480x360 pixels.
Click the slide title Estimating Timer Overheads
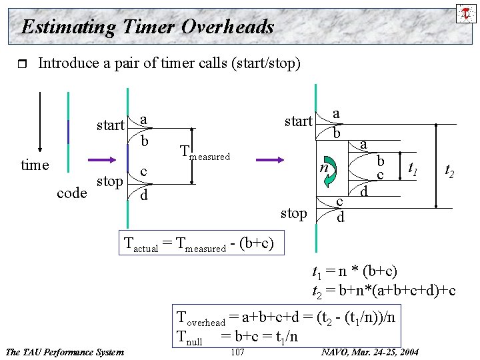click(147, 27)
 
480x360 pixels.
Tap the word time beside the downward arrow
click(35, 165)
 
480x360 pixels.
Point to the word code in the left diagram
click(73, 193)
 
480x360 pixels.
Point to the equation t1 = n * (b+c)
click(355, 271)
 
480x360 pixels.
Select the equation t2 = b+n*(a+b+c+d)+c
click(384, 291)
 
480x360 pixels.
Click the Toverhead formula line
click(286, 317)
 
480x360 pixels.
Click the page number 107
click(237, 352)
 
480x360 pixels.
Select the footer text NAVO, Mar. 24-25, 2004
click(370, 352)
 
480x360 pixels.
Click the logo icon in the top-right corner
click(465, 12)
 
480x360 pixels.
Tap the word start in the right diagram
click(298, 121)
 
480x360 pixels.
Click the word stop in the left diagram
click(110, 181)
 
